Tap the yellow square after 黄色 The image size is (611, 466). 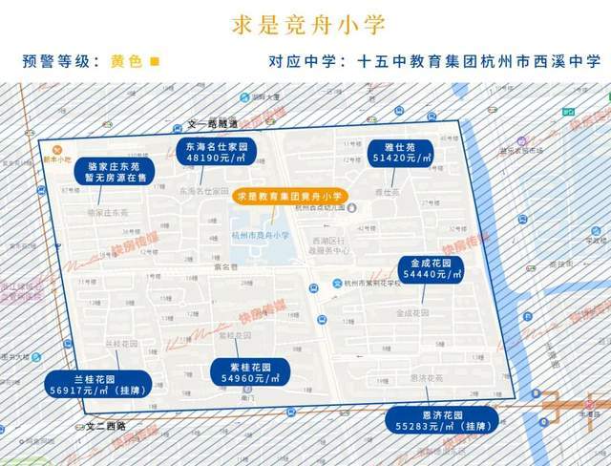click(156, 61)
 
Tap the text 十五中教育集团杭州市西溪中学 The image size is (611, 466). click(480, 61)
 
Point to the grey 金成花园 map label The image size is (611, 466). click(412, 312)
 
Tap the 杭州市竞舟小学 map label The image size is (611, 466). click(260, 234)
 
